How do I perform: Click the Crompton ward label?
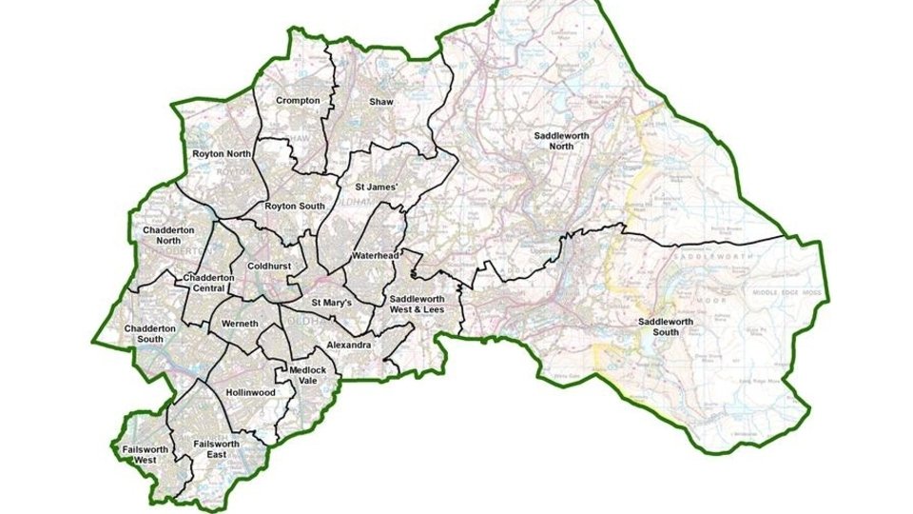[298, 100]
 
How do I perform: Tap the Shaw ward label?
[380, 100]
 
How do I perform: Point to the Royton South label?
[293, 205]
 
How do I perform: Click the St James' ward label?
[376, 187]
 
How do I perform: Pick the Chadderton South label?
[150, 334]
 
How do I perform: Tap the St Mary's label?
[332, 303]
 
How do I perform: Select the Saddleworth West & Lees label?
[424, 305]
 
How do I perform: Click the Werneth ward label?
[240, 325]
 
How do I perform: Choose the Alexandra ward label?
[347, 345]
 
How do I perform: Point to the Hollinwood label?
[251, 392]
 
